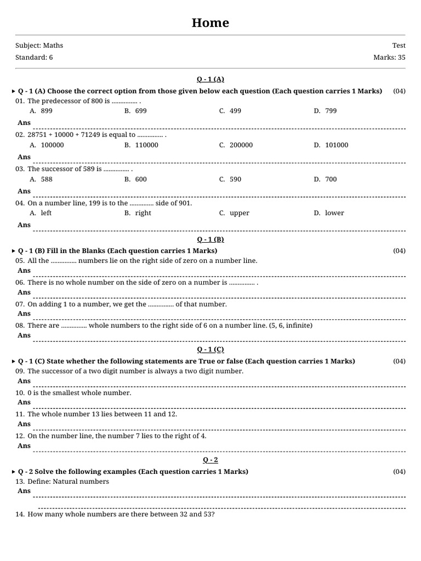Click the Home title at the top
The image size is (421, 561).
click(210, 23)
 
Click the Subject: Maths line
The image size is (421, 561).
click(39, 45)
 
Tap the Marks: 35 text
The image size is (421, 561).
click(389, 58)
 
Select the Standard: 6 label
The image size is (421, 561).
click(34, 58)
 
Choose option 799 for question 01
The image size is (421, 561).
click(331, 111)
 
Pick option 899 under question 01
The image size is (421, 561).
click(47, 111)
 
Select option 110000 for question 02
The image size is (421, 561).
click(146, 145)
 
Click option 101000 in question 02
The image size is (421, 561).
click(337, 145)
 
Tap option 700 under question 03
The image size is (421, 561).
click(331, 179)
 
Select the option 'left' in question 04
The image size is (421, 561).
click(46, 213)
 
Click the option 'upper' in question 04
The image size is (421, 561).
click(240, 213)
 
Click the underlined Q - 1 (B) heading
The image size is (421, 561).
click(210, 239)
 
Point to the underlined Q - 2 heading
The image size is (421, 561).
click(210, 460)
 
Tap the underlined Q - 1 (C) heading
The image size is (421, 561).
click(210, 350)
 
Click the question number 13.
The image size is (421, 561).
click(20, 482)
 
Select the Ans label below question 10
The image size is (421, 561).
click(24, 402)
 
